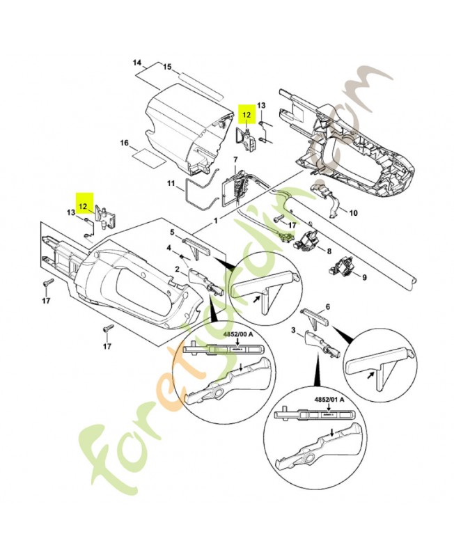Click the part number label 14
137,63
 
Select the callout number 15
167,67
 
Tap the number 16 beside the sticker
125,143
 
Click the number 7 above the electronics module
235,159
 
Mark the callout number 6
328,306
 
